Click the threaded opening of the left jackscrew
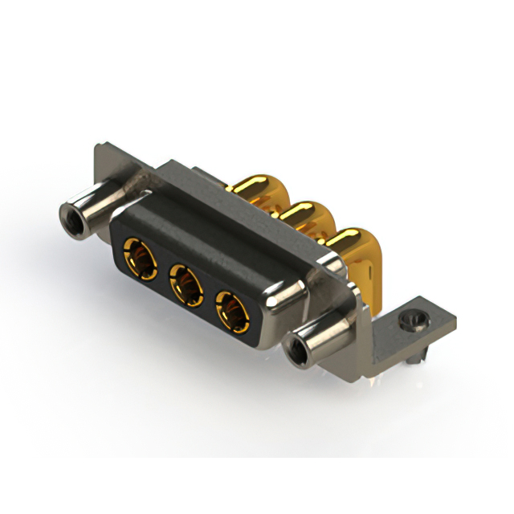tap(71, 214)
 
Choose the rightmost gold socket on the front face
tap(231, 309)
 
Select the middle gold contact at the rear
tap(299, 212)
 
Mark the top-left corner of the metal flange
tap(97, 147)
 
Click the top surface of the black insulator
tap(201, 241)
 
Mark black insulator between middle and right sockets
tap(210, 297)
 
